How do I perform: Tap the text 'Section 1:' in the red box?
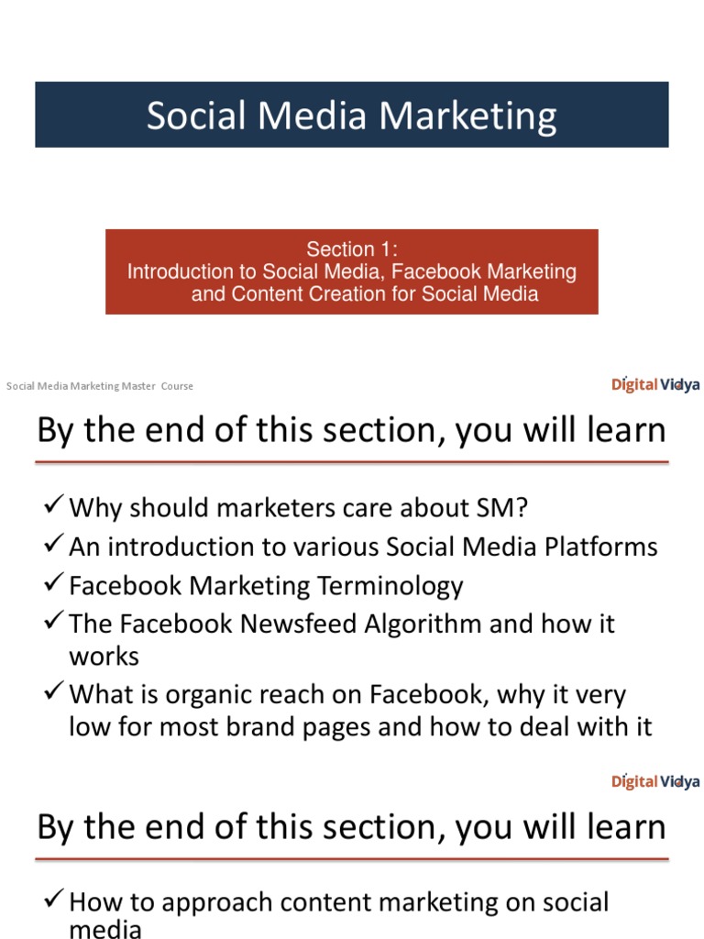tap(352, 249)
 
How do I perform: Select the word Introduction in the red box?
tap(180, 271)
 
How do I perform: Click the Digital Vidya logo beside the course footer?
tap(655, 384)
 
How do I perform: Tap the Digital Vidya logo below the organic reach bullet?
tap(655, 781)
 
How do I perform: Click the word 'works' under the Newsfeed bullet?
tap(104, 657)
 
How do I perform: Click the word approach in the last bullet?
tap(210, 902)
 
